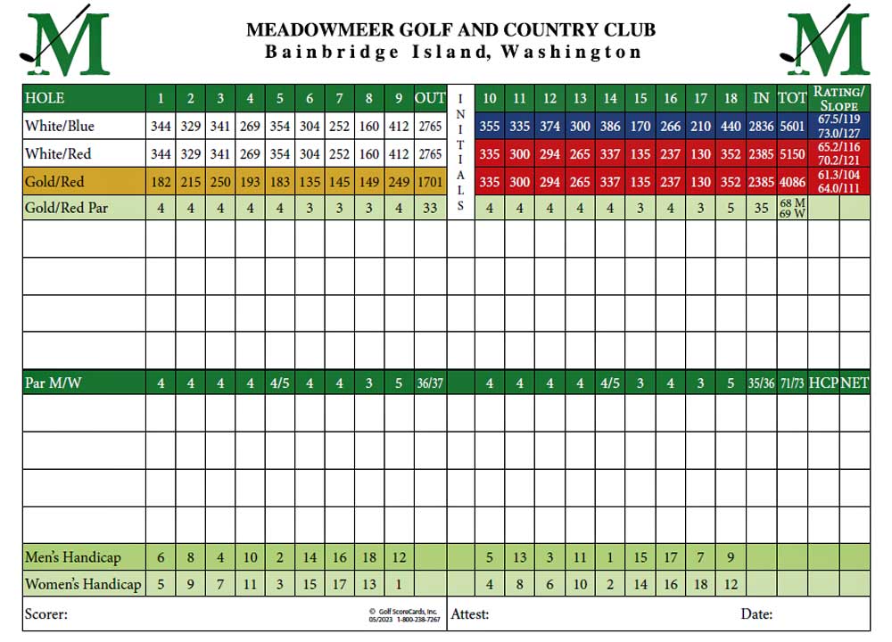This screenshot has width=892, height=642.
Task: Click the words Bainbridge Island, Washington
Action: [x=453, y=52]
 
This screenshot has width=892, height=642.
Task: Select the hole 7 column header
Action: [x=340, y=98]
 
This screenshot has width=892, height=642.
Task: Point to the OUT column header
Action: [x=430, y=98]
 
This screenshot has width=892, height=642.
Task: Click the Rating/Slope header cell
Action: [x=838, y=98]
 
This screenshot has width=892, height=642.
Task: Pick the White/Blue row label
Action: [x=60, y=127]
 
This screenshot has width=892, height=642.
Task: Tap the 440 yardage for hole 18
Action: [x=731, y=127]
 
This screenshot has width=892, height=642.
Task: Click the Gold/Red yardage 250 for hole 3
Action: [x=220, y=182]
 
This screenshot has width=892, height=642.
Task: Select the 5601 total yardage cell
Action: [x=793, y=127]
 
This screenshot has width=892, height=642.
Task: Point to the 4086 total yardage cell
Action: [x=793, y=182]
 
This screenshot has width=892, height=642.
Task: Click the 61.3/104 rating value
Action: [x=838, y=177]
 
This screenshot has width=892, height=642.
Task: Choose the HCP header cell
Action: [x=823, y=383]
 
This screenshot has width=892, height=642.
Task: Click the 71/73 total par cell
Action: [x=793, y=383]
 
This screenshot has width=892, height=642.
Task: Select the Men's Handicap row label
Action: [x=73, y=558]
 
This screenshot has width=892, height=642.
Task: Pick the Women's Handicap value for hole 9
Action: [x=400, y=585]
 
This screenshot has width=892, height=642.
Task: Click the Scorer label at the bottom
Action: [x=46, y=613]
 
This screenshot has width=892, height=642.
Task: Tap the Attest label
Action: [x=470, y=613]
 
